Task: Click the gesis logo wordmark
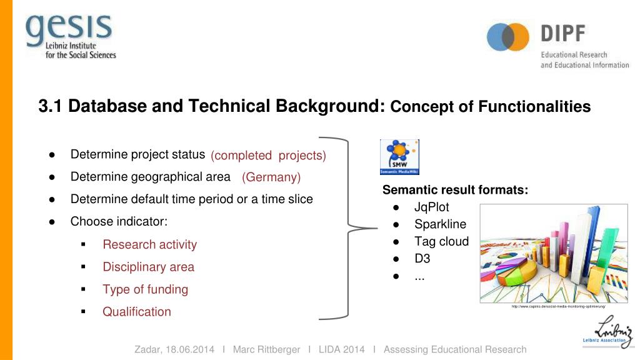69,27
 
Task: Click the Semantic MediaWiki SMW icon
399,157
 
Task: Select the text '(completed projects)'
268,156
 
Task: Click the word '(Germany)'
271,177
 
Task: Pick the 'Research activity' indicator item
149,245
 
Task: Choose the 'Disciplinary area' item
148,267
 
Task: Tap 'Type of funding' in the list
145,289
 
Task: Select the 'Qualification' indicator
136,312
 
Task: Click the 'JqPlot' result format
431,207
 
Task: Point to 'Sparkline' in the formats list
440,224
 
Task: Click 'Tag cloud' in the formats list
441,242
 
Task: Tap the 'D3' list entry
422,259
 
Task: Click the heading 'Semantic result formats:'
455,190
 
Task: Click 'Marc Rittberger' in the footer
266,349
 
